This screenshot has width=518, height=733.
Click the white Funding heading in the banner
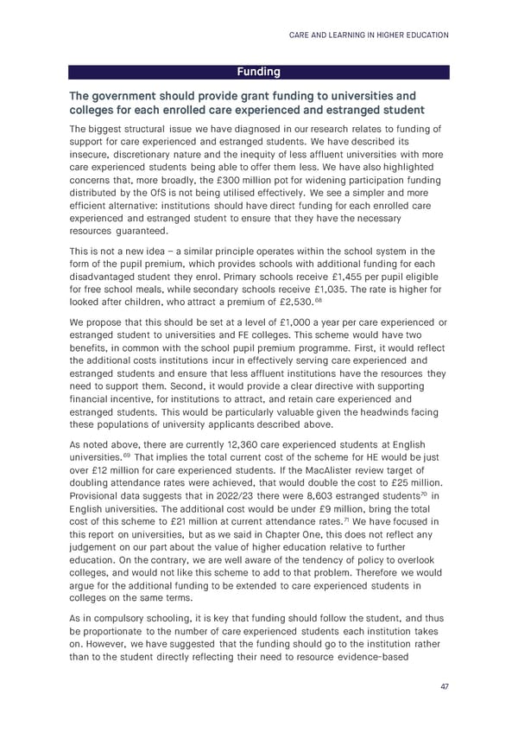(x=259, y=72)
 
